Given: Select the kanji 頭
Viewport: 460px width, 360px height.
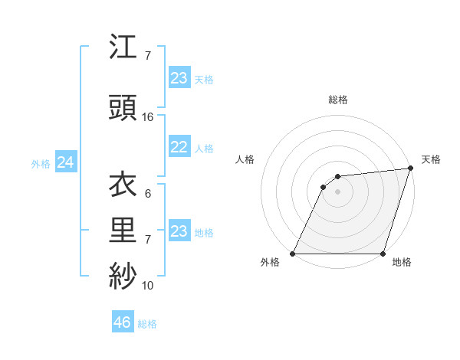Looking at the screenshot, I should pyautogui.click(x=123, y=108).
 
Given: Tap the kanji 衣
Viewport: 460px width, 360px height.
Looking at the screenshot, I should pyautogui.click(x=123, y=185).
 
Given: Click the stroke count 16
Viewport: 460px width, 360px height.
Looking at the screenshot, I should pyautogui.click(x=148, y=117).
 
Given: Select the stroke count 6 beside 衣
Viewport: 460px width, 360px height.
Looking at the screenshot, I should pyautogui.click(x=148, y=194).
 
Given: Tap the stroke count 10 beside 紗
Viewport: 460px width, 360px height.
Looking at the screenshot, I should pyautogui.click(x=148, y=286).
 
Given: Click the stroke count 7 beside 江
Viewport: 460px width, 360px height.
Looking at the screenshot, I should pyautogui.click(x=148, y=56).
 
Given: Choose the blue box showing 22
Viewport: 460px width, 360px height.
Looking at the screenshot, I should pyautogui.click(x=179, y=148).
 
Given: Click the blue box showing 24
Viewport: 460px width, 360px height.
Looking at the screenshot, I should pyautogui.click(x=66, y=162).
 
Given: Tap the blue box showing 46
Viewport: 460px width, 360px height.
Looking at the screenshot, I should pyautogui.click(x=123, y=322).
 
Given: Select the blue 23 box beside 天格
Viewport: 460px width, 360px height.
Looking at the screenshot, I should pyautogui.click(x=179, y=78).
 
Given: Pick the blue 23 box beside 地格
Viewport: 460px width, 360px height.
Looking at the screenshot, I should pyautogui.click(x=179, y=231).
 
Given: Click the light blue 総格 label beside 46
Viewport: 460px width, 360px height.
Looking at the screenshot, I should pyautogui.click(x=147, y=324).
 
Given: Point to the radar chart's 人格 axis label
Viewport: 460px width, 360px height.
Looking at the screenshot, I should pyautogui.click(x=245, y=159).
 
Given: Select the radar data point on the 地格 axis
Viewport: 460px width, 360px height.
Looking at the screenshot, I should pyautogui.click(x=383, y=254).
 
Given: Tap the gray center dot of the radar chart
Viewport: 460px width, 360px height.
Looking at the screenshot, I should pyautogui.click(x=337, y=191).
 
